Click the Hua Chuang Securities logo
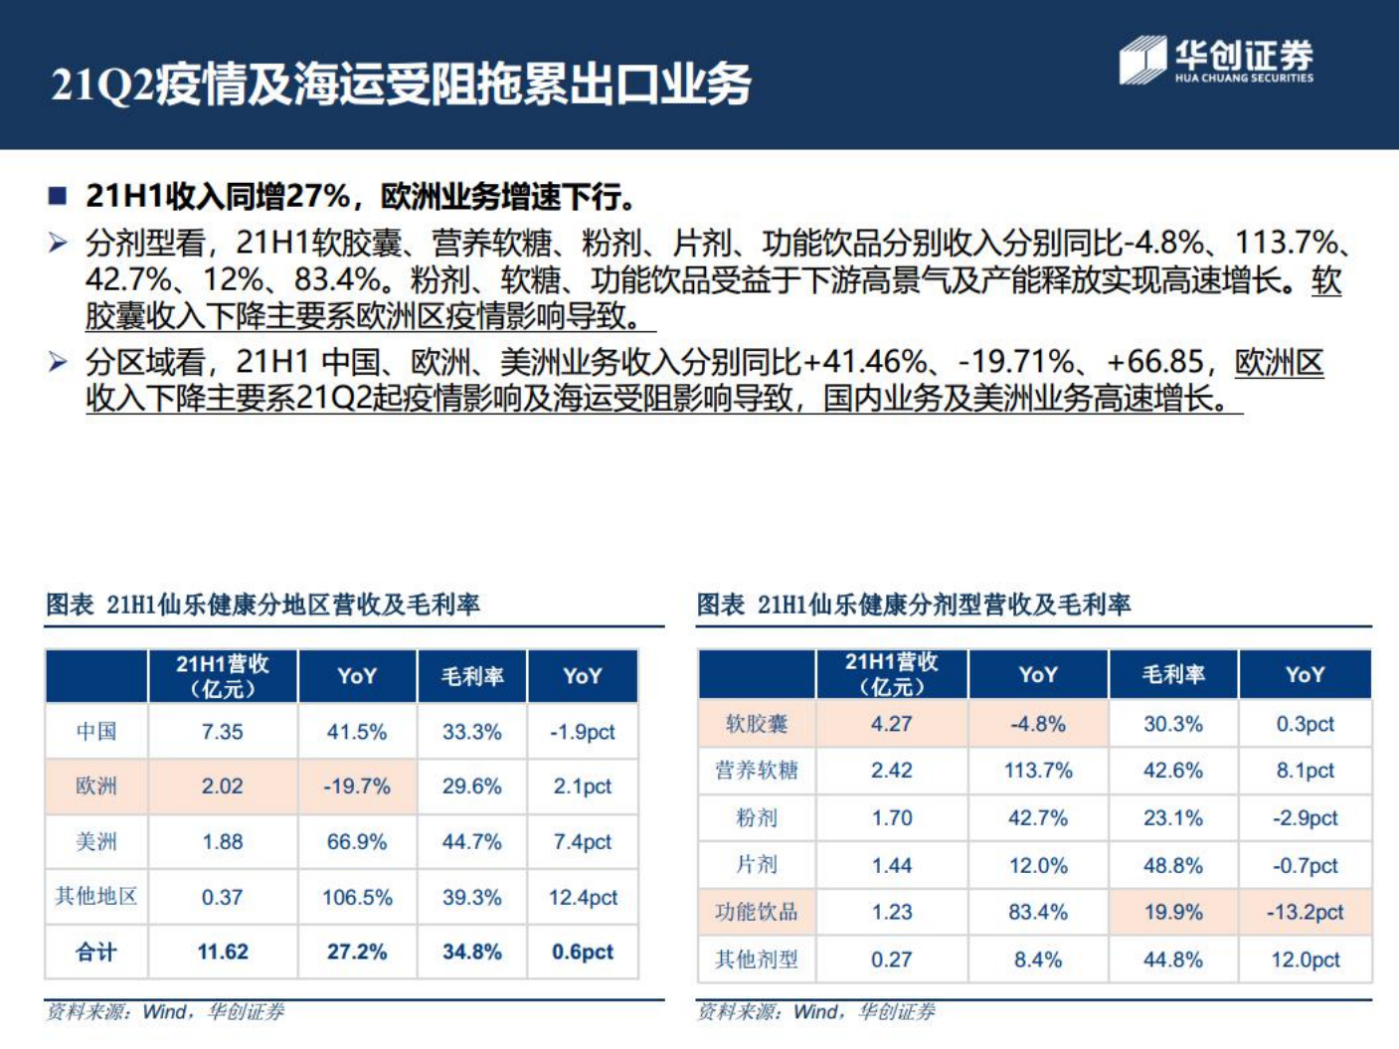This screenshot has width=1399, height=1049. click(x=1215, y=61)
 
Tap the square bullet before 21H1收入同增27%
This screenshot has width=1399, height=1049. click(x=58, y=196)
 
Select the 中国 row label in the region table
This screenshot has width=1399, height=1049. click(x=96, y=732)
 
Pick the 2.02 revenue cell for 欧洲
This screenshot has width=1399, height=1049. click(x=222, y=787)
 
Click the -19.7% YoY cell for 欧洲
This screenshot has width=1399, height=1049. click(x=356, y=787)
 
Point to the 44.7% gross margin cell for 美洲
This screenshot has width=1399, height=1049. click(x=471, y=842)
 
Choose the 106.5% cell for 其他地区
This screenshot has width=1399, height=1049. click(x=356, y=897)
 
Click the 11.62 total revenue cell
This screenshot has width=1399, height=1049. click(x=222, y=952)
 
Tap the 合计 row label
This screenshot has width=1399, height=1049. click(x=96, y=952)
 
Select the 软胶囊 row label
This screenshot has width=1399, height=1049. click(x=756, y=724)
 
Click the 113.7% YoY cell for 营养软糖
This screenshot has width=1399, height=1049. click(x=1038, y=771)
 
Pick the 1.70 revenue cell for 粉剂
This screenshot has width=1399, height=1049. click(x=891, y=818)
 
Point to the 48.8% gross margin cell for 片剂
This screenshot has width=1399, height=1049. click(x=1172, y=865)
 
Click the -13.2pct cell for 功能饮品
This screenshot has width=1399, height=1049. click(x=1305, y=912)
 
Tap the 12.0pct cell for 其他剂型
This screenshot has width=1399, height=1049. click(x=1305, y=960)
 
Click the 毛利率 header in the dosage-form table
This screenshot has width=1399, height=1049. click(x=1172, y=674)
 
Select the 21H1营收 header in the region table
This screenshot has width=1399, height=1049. click(x=222, y=676)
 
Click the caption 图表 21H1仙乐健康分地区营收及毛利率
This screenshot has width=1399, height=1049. click(x=263, y=605)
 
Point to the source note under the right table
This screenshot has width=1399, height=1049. click(x=815, y=1012)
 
